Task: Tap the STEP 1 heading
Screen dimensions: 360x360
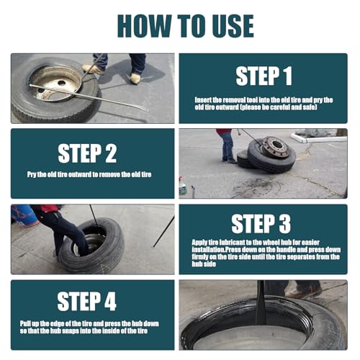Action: [x=264, y=76]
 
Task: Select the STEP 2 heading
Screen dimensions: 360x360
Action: [x=87, y=153]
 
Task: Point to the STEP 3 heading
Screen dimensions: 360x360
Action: [x=261, y=224]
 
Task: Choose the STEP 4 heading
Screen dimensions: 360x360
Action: [x=86, y=302]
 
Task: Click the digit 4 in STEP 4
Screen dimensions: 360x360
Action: [x=110, y=302]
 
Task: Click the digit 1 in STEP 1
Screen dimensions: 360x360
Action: [x=288, y=76]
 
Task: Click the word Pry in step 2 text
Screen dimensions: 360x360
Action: [x=32, y=174]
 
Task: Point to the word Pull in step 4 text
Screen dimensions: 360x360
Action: [x=25, y=323]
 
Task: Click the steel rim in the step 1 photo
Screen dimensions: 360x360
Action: [x=55, y=83]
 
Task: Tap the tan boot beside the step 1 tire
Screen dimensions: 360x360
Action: [x=135, y=78]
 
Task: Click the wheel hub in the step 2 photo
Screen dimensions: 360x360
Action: [x=276, y=146]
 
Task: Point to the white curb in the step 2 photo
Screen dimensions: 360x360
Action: [x=318, y=138]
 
